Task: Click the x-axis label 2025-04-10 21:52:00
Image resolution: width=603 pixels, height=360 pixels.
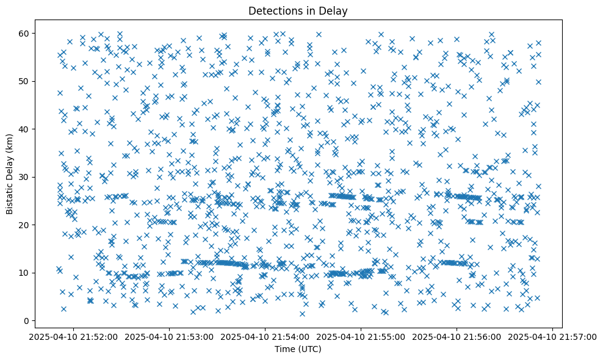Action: pos(74,336)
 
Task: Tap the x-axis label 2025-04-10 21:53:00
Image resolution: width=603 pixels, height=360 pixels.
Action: pos(170,336)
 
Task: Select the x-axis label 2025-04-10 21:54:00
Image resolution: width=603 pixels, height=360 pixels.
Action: pos(265,336)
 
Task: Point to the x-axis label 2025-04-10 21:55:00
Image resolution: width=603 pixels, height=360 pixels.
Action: pos(361,336)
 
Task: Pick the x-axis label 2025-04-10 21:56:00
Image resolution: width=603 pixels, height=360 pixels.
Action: pos(457,336)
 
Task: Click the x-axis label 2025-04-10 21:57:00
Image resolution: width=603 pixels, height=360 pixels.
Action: pos(553,336)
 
